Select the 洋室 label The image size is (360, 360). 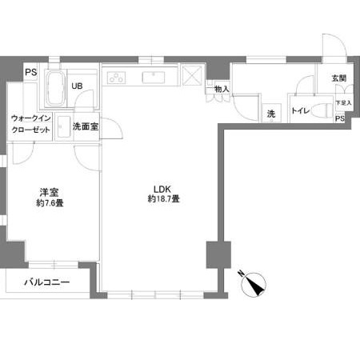pos(50,193)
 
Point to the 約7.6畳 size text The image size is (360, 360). pos(50,203)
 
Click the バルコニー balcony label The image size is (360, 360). pos(46,282)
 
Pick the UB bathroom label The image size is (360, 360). pos(79,86)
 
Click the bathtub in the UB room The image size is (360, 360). pos(55,90)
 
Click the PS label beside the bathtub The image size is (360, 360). pos(31,72)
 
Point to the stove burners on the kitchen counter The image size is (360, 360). pos(117,78)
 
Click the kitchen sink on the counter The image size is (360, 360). pos(152,78)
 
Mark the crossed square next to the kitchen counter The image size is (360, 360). pos(194,78)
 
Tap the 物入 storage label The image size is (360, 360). pos(222,89)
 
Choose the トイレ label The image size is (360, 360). pos(301,111)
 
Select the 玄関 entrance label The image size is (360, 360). pos(338,78)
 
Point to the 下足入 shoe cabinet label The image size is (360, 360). pos(342,103)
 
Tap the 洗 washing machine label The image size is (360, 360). pos(271,114)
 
